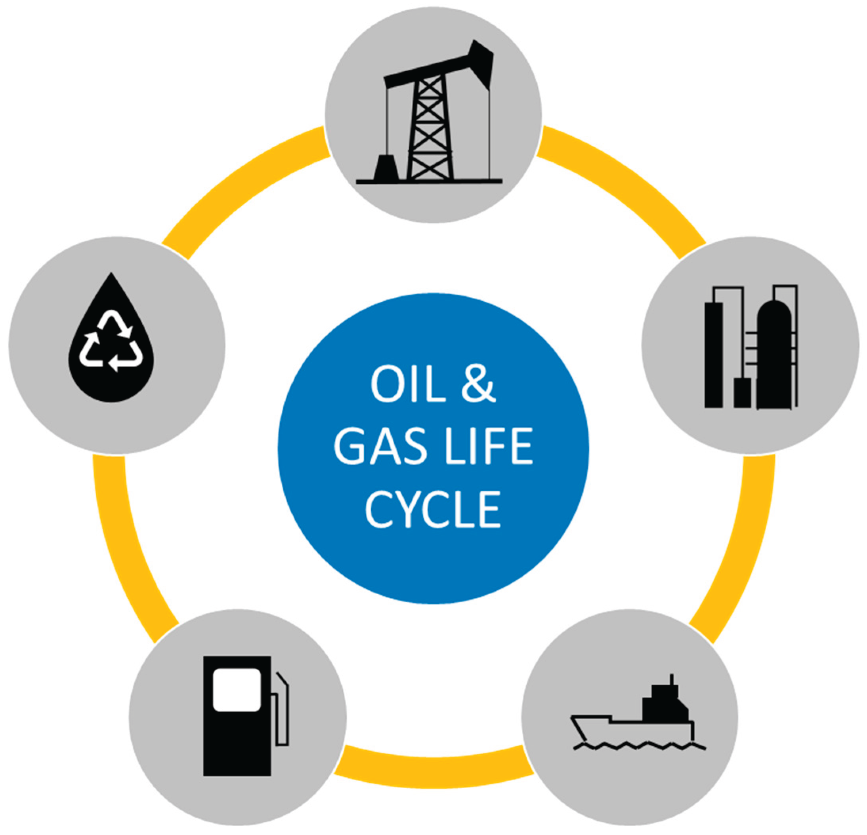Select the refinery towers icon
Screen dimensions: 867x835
coord(751,347)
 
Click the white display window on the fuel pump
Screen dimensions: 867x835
coord(237,690)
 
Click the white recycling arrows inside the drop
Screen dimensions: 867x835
coord(111,341)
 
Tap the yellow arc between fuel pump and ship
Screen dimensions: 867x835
coord(433,769)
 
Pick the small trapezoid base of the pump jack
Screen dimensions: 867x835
coord(386,168)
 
